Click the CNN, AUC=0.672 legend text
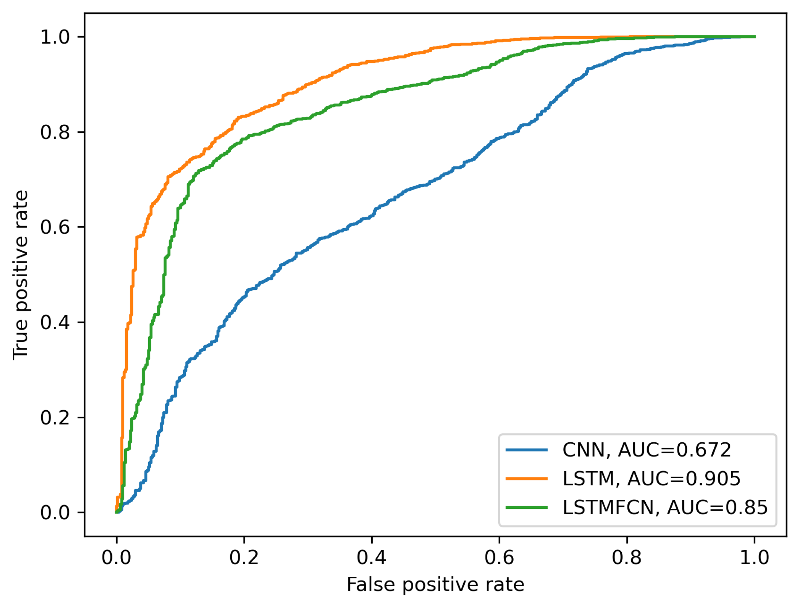pos(646,450)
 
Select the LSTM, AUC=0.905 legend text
pos(651,479)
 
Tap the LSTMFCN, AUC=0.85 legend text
pos(665,507)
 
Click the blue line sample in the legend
pos(526,450)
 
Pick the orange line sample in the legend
pos(526,479)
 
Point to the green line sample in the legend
pos(526,507)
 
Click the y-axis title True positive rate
pos(20,275)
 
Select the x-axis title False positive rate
pos(435,584)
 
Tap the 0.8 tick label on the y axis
pos(55,132)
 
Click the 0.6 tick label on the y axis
pos(55,227)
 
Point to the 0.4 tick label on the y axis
pos(55,322)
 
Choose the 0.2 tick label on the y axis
pos(55,417)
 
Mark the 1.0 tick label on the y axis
pos(55,37)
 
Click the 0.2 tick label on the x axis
pos(244,558)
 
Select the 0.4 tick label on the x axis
pos(371,558)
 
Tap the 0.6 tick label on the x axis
pos(499,558)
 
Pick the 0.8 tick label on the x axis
pos(626,558)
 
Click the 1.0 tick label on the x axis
pos(754,558)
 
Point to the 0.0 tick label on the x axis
pos(116,558)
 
